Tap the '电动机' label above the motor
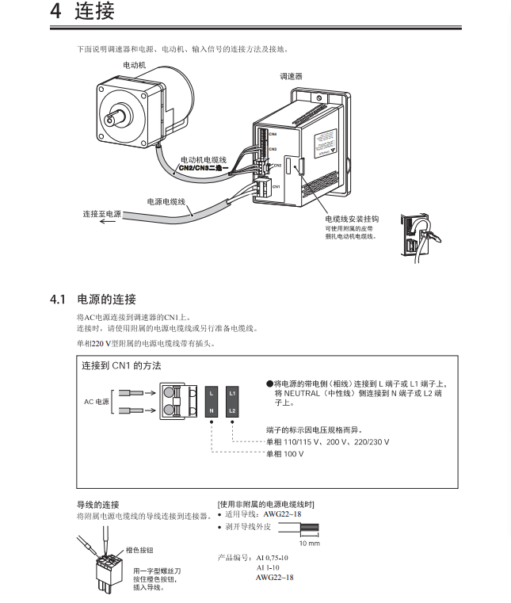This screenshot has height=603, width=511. point(134,63)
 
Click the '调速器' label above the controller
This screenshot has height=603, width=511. point(291,77)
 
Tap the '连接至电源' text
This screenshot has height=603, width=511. point(102,214)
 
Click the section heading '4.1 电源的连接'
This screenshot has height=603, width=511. point(93,299)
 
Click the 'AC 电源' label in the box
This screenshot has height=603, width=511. point(97,401)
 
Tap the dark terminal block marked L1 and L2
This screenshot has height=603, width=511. point(232,401)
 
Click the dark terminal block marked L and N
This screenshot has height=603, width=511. point(212,401)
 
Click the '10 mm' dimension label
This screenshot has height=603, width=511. point(309,544)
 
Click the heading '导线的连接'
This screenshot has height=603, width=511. point(97,505)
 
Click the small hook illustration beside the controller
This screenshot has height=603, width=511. point(418,235)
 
